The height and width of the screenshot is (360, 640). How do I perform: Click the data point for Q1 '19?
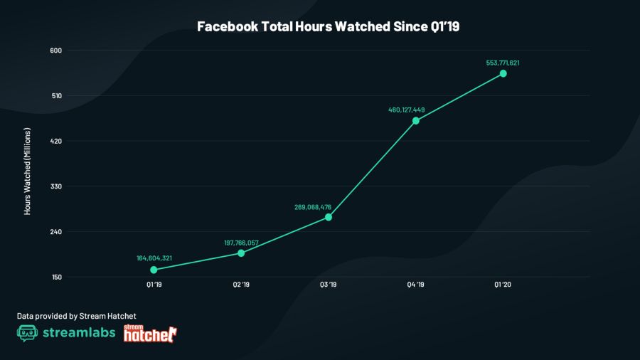tap(154, 270)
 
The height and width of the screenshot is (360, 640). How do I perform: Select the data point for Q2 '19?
tap(241, 253)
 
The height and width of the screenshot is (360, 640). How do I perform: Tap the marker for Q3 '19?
tap(329, 217)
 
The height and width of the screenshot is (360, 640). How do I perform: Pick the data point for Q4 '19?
tap(416, 120)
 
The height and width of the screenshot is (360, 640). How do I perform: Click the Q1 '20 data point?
tap(503, 73)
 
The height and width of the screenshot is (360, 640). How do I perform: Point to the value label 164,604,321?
tap(154, 258)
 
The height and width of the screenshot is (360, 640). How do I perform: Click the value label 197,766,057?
tap(241, 243)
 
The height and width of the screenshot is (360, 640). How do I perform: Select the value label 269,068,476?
tap(313, 207)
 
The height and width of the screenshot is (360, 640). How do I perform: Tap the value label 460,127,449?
tap(407, 110)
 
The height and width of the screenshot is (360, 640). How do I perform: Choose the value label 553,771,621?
tap(503, 63)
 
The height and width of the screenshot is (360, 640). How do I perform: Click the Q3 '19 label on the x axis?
tap(329, 285)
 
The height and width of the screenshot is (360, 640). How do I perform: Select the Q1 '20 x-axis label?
tap(503, 285)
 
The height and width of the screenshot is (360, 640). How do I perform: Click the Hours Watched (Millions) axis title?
tap(28, 171)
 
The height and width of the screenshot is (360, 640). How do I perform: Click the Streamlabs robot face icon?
tap(27, 333)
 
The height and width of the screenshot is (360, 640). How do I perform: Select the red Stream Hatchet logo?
tap(150, 333)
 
